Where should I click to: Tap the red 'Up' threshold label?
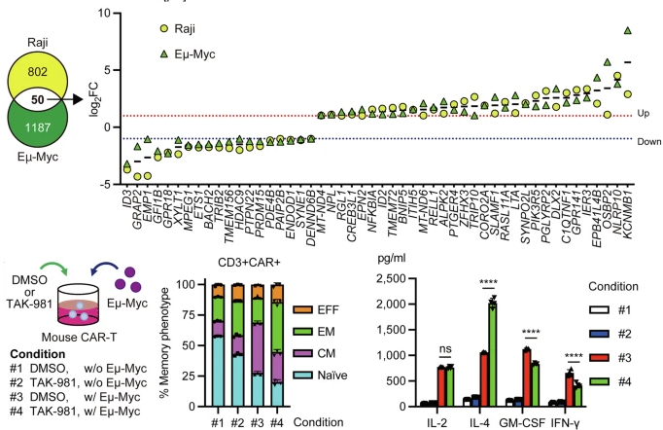tap(644, 115)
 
